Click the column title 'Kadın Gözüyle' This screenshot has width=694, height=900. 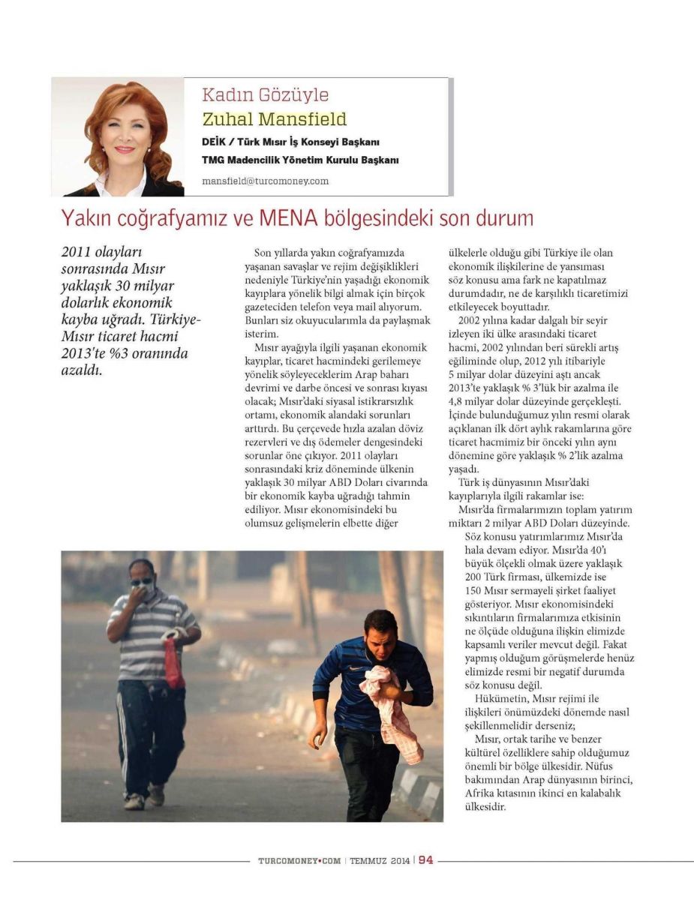click(265, 95)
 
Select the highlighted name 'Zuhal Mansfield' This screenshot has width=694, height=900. click(274, 119)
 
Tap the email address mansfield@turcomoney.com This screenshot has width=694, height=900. click(265, 181)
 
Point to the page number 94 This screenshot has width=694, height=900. click(425, 860)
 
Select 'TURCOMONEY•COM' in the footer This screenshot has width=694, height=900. click(299, 861)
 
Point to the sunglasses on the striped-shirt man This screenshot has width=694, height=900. click(140, 580)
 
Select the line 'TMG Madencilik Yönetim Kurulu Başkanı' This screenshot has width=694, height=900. click(300, 160)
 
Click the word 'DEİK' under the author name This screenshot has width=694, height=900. click(215, 141)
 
